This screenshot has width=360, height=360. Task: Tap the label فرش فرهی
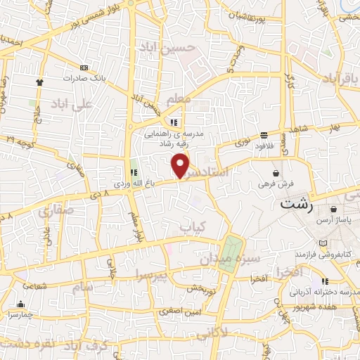point(274,184)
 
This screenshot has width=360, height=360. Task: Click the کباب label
point(195,227)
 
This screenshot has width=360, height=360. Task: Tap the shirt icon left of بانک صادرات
point(39,82)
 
